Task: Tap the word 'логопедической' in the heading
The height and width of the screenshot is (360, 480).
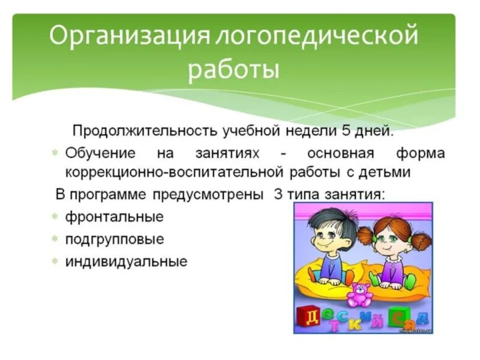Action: (312, 37)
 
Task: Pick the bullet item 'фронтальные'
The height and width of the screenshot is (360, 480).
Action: (114, 217)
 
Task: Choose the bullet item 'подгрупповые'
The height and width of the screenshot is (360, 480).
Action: (115, 239)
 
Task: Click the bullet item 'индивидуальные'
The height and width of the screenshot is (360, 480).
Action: (127, 262)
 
